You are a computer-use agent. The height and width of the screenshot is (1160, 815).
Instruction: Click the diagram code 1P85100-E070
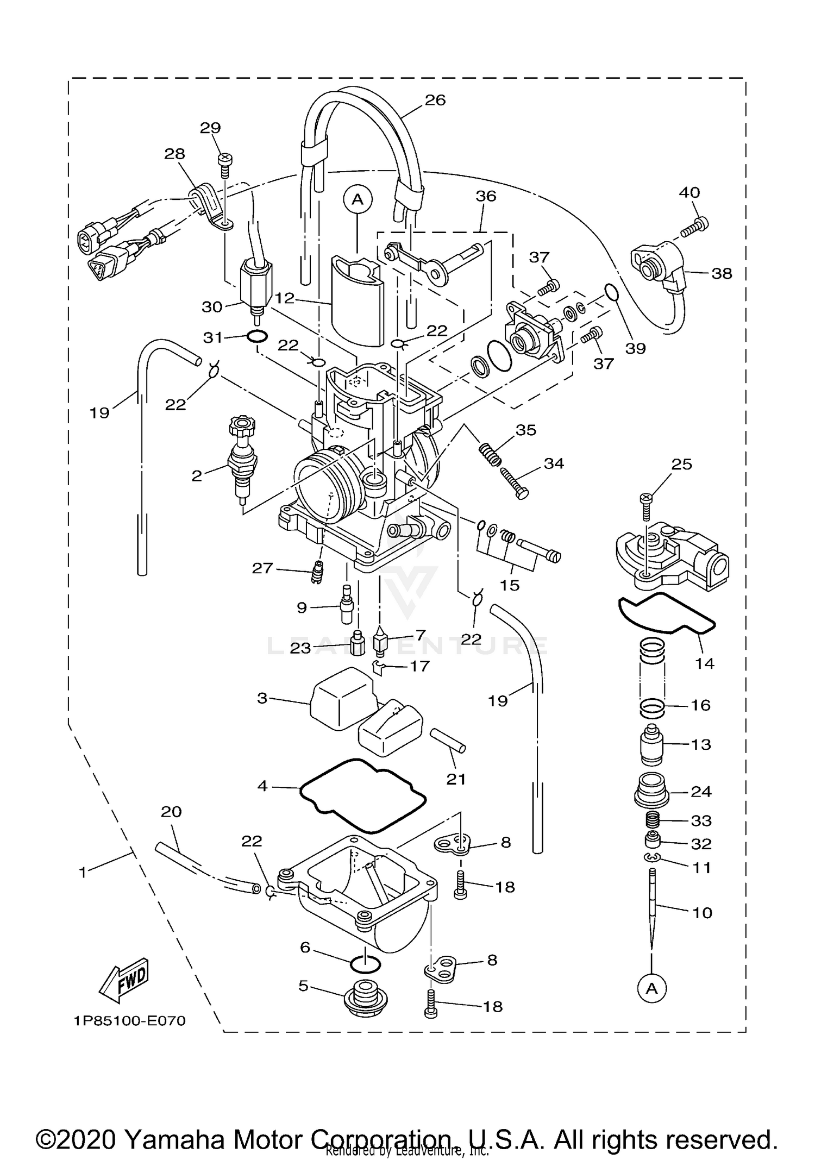click(x=130, y=1021)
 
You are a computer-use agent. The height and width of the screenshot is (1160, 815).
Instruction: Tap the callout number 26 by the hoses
click(x=435, y=100)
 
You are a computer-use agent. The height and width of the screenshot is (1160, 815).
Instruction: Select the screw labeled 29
click(x=224, y=162)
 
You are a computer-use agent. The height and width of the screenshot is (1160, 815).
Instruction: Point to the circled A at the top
click(x=357, y=200)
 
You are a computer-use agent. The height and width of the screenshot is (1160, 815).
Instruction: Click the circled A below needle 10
click(x=651, y=989)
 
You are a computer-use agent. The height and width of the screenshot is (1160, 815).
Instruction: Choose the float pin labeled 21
click(x=448, y=741)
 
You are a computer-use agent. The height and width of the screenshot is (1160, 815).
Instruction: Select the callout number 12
click(x=285, y=298)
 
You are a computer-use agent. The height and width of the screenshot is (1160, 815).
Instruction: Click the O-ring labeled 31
click(x=256, y=337)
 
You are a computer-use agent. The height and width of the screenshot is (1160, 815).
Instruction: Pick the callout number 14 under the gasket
click(x=704, y=663)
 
